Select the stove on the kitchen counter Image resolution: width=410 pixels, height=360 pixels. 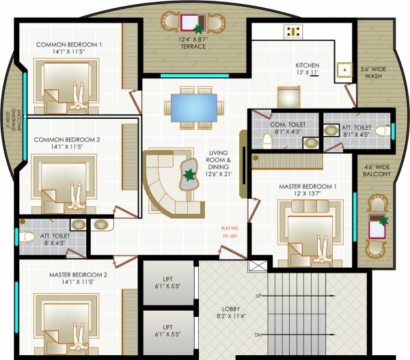tap(295, 30)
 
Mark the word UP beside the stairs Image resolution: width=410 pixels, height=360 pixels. tap(259, 296)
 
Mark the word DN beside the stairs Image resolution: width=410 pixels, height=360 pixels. tap(258, 335)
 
